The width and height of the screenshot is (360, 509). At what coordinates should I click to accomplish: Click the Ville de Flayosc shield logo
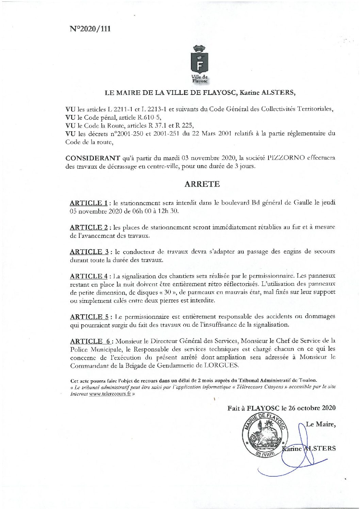click(200, 64)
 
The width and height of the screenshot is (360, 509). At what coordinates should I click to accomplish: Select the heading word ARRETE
click(202, 184)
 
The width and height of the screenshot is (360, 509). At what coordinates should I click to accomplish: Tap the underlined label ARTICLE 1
click(88, 203)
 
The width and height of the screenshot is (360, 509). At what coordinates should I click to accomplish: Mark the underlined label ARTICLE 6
click(90, 341)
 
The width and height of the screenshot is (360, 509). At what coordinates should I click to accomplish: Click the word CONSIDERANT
click(93, 158)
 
